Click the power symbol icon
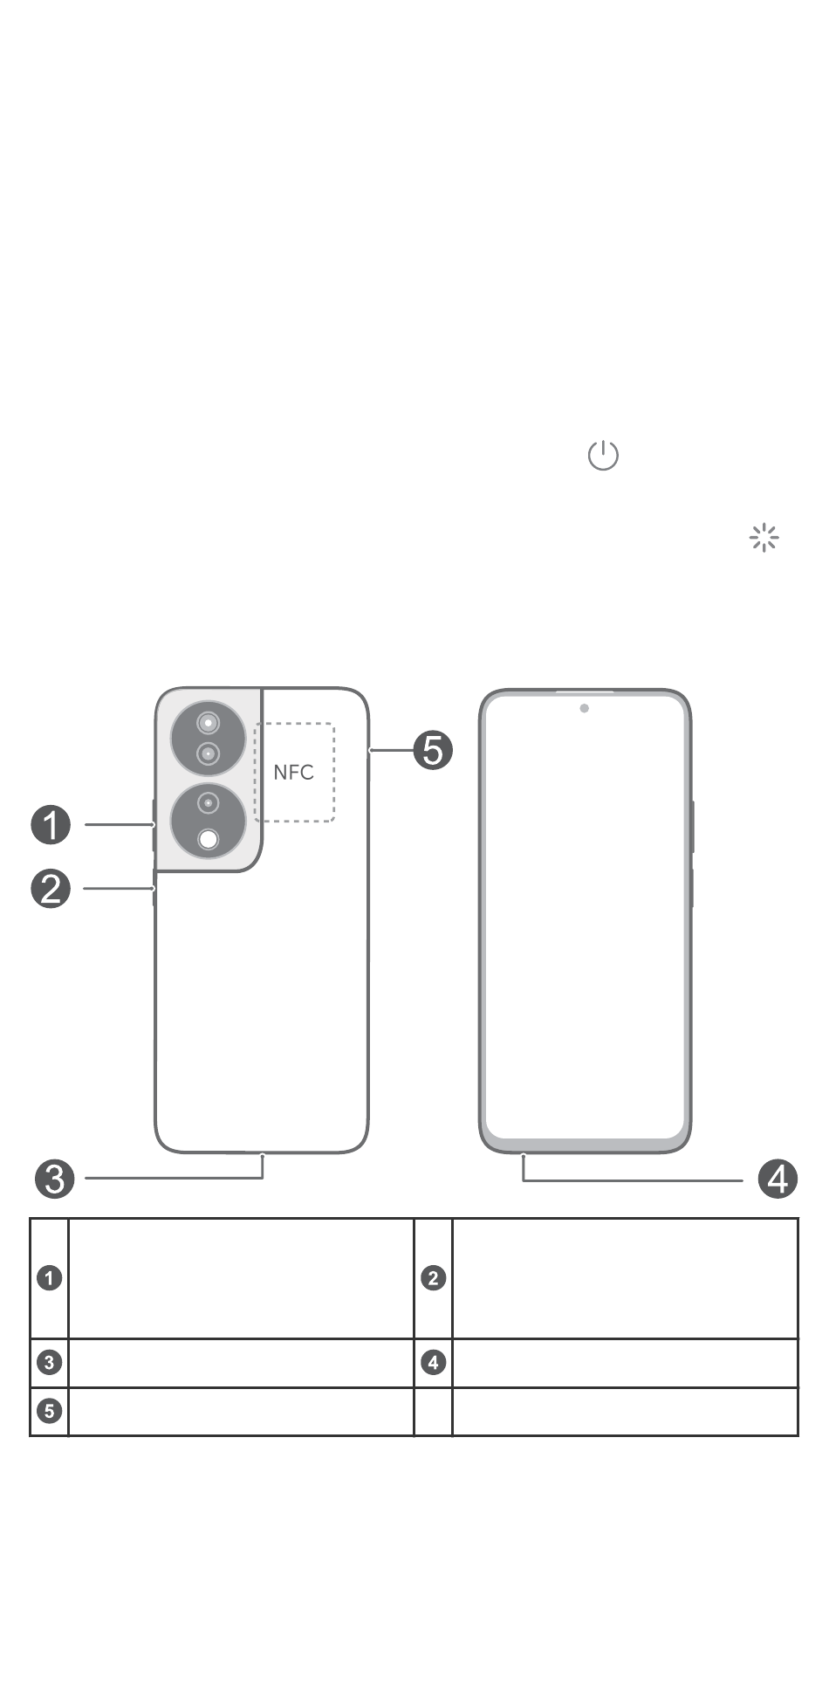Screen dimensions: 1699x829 tap(603, 456)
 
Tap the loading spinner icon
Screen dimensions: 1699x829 tap(764, 538)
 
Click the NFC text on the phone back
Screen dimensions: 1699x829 tap(293, 773)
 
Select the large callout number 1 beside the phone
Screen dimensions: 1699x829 tap(51, 825)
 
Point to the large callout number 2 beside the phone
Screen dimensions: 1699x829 tap(51, 889)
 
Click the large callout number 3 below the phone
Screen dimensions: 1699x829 tap(54, 1179)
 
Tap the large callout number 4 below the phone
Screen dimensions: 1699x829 tap(778, 1180)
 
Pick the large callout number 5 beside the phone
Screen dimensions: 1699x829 tap(433, 750)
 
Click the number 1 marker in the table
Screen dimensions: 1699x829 tap(50, 1278)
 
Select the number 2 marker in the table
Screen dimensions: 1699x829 tap(433, 1278)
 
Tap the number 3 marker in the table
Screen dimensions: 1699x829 tap(50, 1362)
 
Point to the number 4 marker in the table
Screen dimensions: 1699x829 tap(433, 1362)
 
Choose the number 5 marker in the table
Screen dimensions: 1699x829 tap(50, 1411)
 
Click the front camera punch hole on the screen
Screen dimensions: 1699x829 tap(584, 708)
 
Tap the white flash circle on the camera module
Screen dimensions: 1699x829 tap(208, 839)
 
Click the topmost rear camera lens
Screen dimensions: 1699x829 tap(208, 723)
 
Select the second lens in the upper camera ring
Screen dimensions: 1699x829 tap(208, 753)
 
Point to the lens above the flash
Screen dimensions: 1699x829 tap(208, 802)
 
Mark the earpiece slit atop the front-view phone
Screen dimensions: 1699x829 tap(585, 691)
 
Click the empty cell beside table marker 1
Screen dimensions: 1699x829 tap(241, 1278)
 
